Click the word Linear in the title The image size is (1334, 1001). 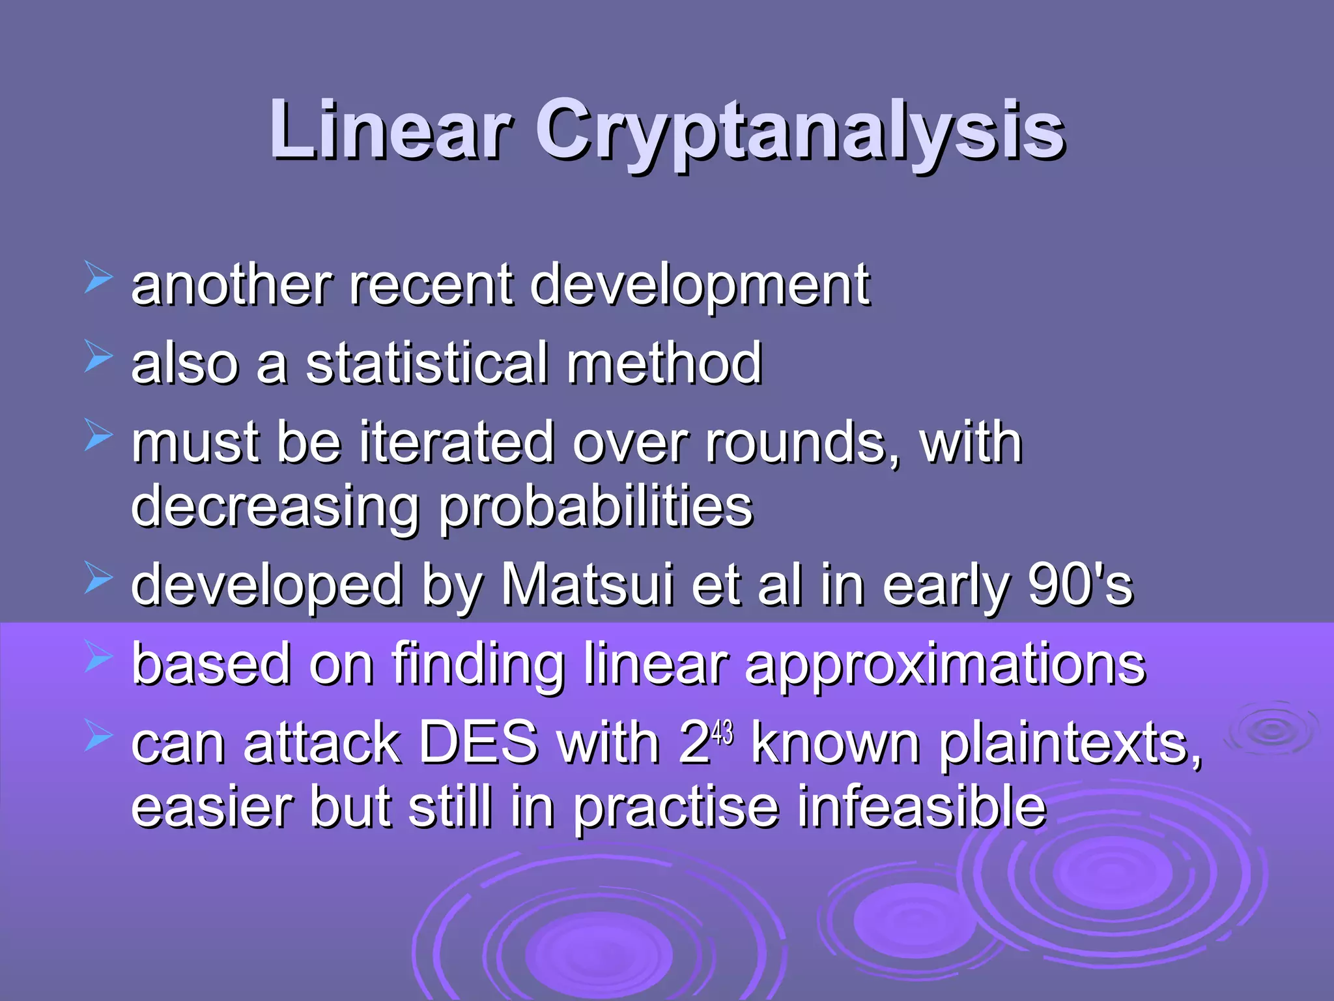point(390,130)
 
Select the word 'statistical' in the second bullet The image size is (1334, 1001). point(427,363)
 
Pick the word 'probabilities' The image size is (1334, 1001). point(595,508)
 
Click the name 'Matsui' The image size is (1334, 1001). point(587,585)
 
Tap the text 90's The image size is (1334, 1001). point(1081,585)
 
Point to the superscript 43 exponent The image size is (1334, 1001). point(722,734)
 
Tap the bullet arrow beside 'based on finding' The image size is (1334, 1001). point(98,657)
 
